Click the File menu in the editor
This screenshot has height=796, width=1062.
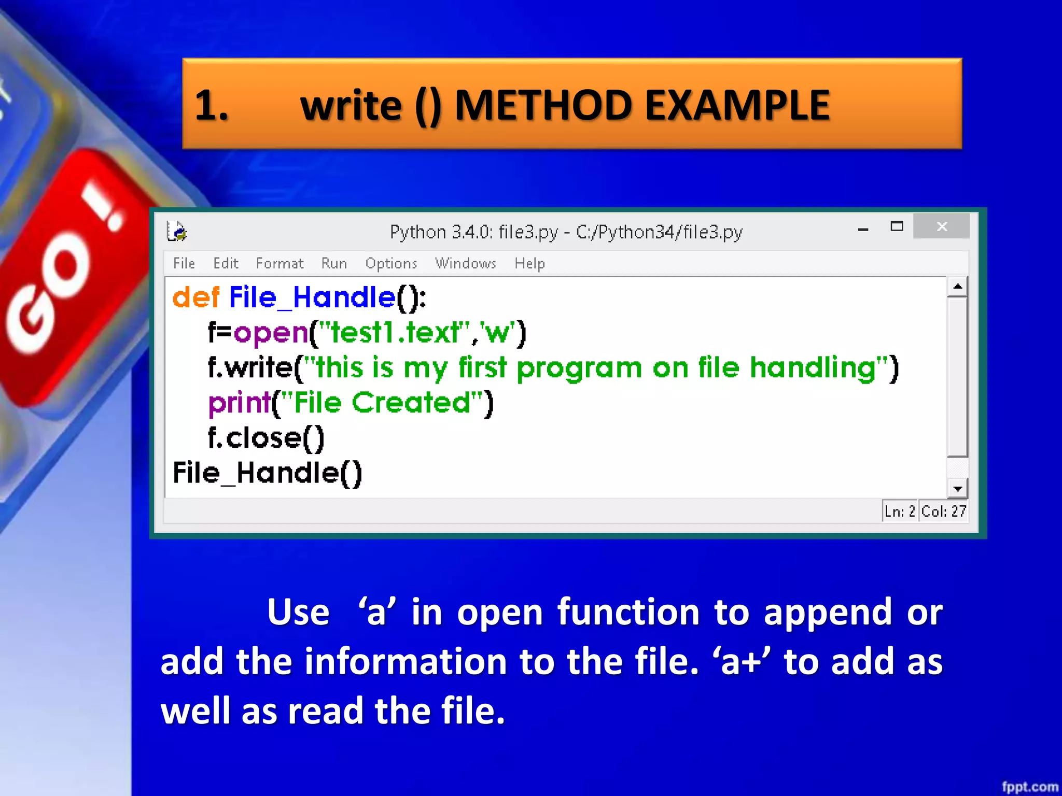pos(184,263)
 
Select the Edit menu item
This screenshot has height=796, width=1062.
pos(226,263)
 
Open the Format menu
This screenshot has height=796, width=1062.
pos(280,263)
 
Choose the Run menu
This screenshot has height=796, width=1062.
pos(334,263)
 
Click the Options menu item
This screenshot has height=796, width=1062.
pos(391,263)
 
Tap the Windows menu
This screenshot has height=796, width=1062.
pos(465,263)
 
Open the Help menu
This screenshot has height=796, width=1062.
pos(529,263)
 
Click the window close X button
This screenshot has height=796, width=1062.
pos(942,226)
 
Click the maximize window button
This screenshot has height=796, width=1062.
pos(897,226)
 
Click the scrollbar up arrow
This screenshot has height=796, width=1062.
pos(957,287)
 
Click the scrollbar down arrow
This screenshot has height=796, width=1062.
pos(957,488)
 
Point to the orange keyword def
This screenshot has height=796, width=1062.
pos(196,297)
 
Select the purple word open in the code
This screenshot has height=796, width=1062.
pos(271,333)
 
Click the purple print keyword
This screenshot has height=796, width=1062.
pos(239,403)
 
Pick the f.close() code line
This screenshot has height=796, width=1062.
pos(265,438)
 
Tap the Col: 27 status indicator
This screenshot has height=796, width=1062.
pos(943,511)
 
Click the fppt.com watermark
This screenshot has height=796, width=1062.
pos(1029,787)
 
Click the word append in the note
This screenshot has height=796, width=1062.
pos(828,613)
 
